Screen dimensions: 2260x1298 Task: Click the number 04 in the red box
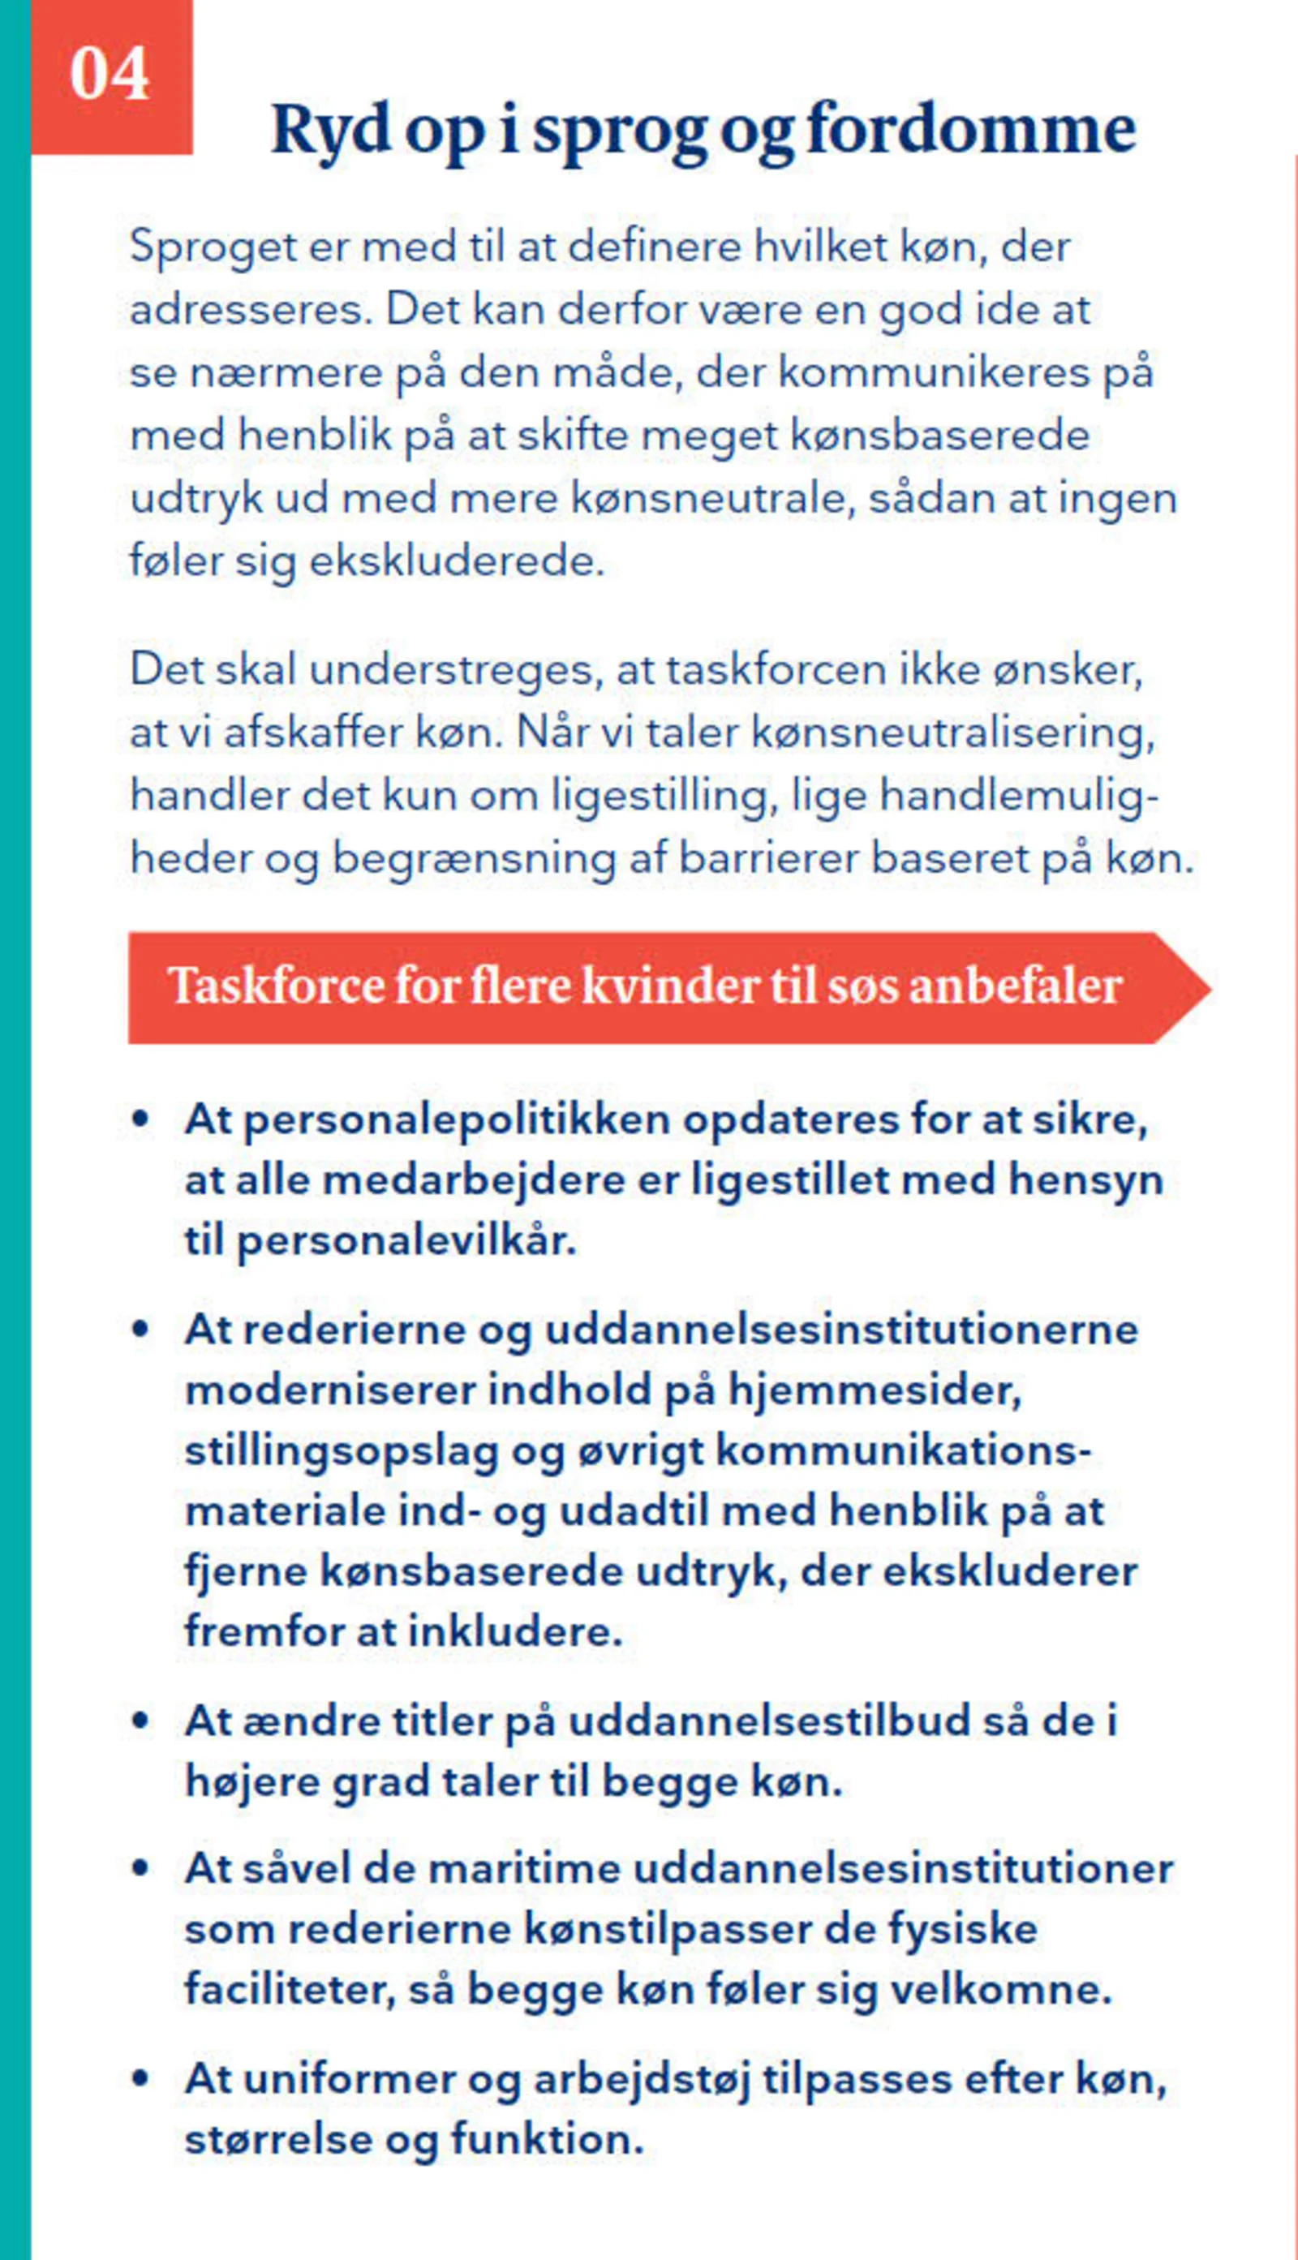pyautogui.click(x=109, y=74)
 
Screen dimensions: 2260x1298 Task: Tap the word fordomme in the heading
pyautogui.click(x=971, y=130)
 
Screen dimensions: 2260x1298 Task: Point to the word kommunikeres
pyautogui.click(x=932, y=372)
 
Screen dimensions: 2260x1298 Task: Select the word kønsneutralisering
pyautogui.click(x=952, y=733)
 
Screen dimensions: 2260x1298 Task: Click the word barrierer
pyautogui.click(x=769, y=858)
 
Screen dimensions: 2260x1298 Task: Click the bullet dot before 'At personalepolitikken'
pyautogui.click(x=140, y=1119)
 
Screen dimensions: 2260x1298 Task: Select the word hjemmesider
pyautogui.click(x=875, y=1390)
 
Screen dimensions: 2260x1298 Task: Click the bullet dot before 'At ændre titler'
pyautogui.click(x=140, y=1720)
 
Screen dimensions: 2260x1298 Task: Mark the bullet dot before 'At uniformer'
pyautogui.click(x=140, y=2078)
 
